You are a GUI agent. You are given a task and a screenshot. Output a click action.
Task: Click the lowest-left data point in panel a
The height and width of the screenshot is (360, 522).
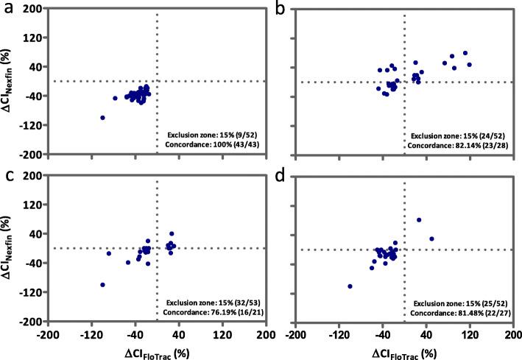pos(102,118)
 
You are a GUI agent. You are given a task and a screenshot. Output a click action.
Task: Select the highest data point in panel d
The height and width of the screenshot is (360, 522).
pos(419,219)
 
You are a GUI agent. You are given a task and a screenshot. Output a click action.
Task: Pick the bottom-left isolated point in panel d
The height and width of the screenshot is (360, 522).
pos(350,286)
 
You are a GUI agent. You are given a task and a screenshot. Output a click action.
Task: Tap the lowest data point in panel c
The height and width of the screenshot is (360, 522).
pos(102,284)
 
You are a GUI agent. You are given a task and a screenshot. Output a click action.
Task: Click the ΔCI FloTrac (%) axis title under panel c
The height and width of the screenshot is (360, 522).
pos(156,350)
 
